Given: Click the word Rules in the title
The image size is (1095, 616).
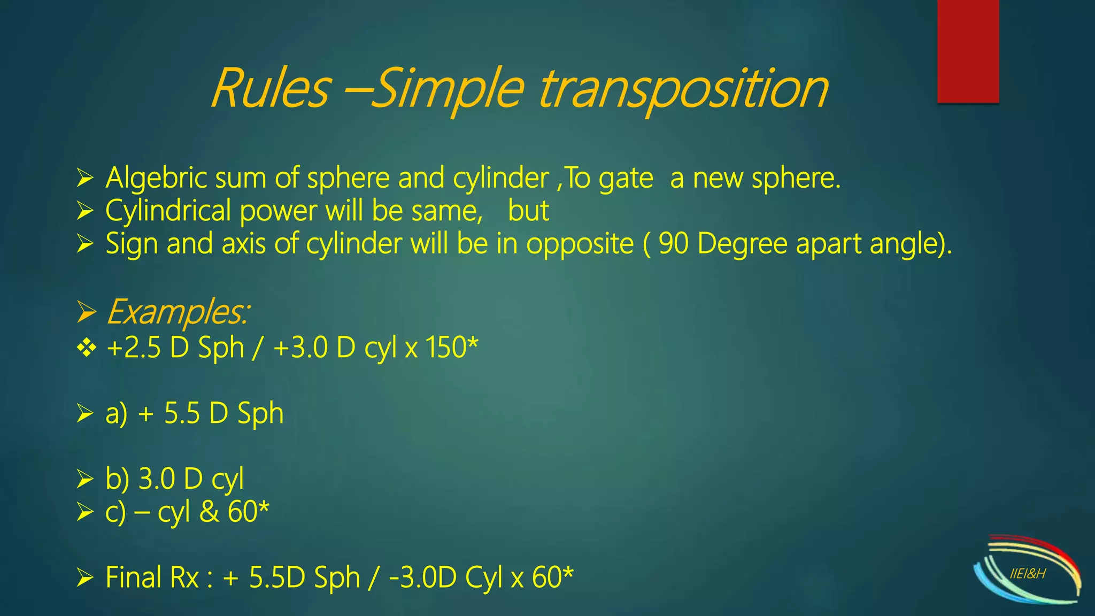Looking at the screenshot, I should (x=270, y=88).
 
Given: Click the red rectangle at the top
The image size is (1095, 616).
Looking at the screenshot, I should (x=968, y=51).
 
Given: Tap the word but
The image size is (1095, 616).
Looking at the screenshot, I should (x=528, y=211).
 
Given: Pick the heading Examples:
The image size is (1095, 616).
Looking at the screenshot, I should (x=178, y=312).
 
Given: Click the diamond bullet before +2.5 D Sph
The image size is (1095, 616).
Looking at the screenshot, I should (x=86, y=348).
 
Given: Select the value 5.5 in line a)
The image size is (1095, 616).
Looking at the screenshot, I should (x=182, y=413).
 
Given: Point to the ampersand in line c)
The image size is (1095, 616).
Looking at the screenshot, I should (x=209, y=512).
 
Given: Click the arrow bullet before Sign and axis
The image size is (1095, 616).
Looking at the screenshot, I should (x=85, y=244).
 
